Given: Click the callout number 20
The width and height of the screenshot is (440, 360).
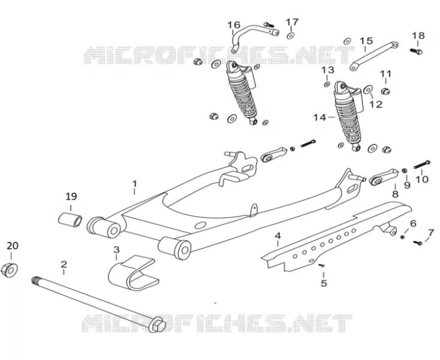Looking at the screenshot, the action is [x=13, y=246].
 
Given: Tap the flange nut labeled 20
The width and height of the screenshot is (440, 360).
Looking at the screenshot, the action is [x=9, y=271].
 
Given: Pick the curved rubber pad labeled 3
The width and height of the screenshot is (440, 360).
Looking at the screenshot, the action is [x=134, y=272].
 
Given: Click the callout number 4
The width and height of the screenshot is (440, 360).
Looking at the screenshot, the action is [x=278, y=235].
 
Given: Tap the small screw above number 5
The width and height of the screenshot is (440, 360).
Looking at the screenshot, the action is [x=322, y=265].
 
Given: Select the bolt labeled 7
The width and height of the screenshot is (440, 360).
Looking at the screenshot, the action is [x=418, y=242].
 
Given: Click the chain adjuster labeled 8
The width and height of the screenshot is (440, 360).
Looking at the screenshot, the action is [x=384, y=177].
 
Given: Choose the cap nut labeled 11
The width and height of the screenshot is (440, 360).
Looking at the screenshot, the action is [x=385, y=91].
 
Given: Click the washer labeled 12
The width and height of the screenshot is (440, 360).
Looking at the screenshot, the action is [x=368, y=90].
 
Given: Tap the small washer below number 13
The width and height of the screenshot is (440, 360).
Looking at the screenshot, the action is [x=327, y=84].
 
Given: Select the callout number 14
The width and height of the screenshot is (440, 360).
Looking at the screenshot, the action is [x=320, y=118].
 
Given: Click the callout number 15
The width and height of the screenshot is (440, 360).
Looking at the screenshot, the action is [x=366, y=41].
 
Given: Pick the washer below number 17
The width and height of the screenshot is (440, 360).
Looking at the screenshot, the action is [x=290, y=35].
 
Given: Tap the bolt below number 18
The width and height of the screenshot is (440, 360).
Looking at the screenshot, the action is [x=416, y=52].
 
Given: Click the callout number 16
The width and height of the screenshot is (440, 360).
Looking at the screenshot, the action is [x=233, y=25].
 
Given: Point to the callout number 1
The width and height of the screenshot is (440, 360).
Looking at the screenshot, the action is [x=135, y=184].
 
